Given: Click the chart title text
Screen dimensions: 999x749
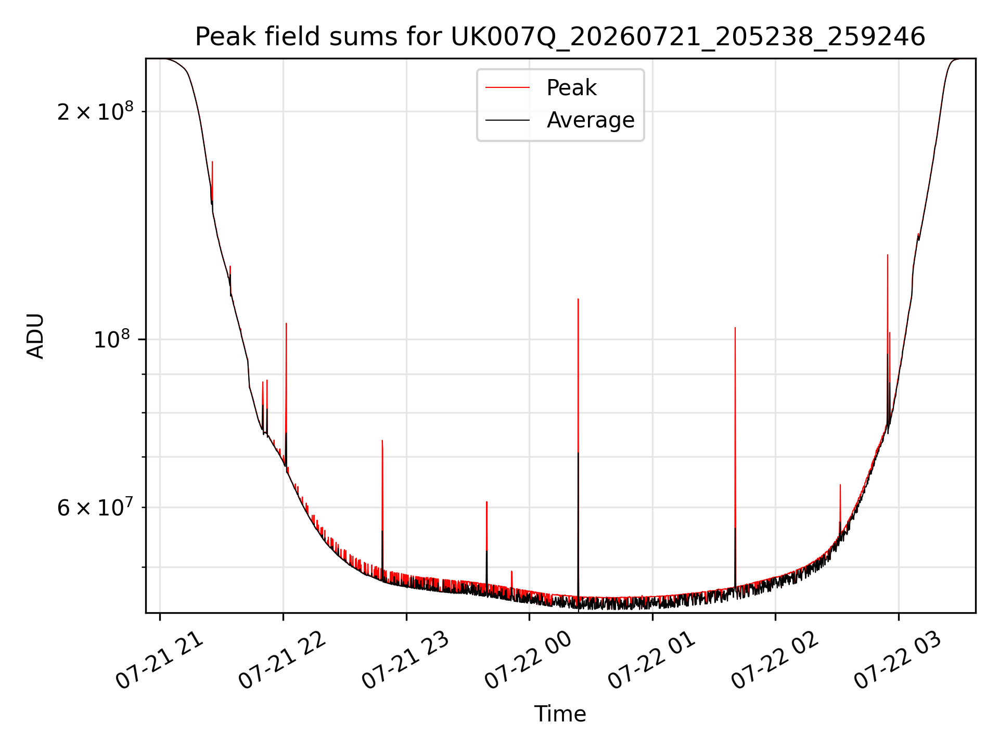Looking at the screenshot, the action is (x=560, y=37).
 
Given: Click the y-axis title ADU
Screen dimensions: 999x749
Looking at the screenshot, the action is (x=35, y=336).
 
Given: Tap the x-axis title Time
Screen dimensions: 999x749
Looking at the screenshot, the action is (x=560, y=714).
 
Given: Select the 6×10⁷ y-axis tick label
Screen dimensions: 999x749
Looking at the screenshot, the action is (x=95, y=507).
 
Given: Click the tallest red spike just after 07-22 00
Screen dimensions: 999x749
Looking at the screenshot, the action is (x=578, y=299).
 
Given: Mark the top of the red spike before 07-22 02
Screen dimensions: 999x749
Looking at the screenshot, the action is (x=735, y=328).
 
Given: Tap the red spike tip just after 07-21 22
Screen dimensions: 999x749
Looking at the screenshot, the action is (x=286, y=324).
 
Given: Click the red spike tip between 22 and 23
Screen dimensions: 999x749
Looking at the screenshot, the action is (x=382, y=441).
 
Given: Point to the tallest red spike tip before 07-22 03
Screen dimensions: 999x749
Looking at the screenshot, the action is (x=887, y=255).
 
